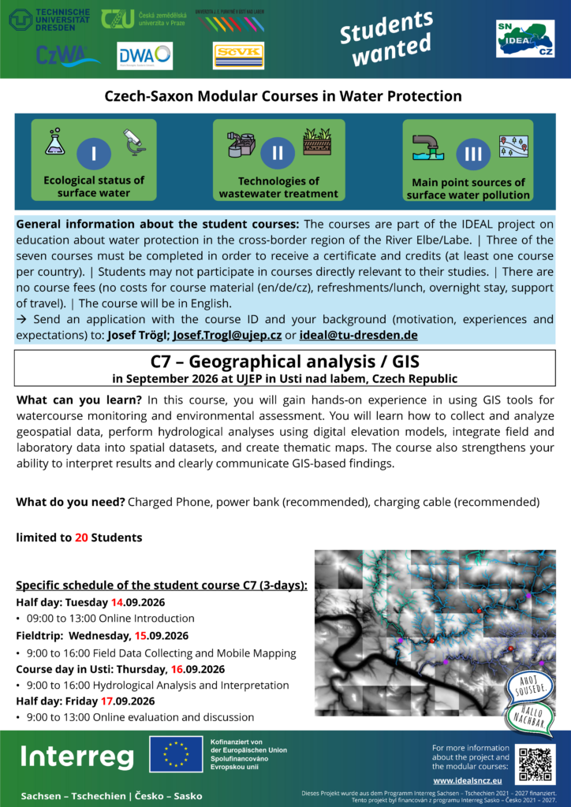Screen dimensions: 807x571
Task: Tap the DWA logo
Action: pos(144,56)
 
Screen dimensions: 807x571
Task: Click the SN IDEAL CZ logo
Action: pos(525,39)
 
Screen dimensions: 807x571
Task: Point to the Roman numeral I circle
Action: pos(94,154)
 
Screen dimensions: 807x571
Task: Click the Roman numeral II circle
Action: pos(278,154)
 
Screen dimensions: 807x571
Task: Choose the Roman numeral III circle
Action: pos(472,154)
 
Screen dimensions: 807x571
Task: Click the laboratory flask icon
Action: pos(54,142)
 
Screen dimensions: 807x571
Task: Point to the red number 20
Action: pos(81,537)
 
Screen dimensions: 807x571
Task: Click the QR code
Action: pos(535,764)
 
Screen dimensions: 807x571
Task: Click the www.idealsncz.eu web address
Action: pos(470,780)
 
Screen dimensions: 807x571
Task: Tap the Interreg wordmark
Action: pos(77,757)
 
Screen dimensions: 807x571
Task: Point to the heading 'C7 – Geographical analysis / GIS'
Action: pos(285,363)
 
